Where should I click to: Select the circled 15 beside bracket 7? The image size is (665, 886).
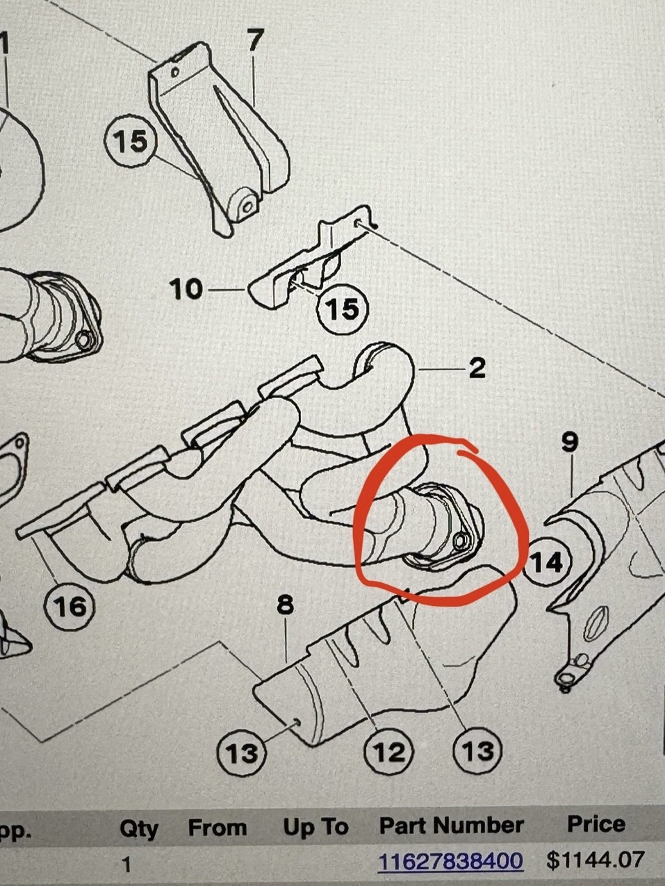click(130, 141)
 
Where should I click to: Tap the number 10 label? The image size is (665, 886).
click(186, 289)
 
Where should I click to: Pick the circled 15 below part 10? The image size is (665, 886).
click(343, 309)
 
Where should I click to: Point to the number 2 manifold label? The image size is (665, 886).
click(477, 368)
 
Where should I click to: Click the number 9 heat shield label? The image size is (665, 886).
click(570, 443)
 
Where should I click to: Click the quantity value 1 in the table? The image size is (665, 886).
click(126, 863)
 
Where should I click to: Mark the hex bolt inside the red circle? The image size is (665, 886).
click(460, 539)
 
